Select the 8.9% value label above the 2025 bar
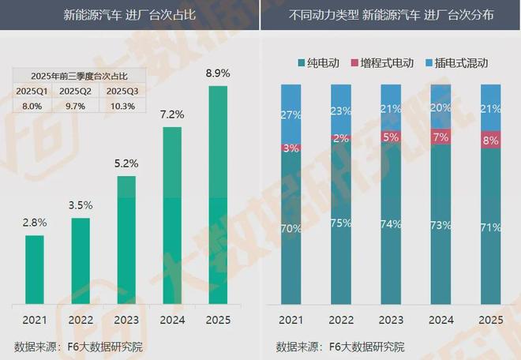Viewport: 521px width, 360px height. pyautogui.click(x=219, y=73)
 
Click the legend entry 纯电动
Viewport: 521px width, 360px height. pyautogui.click(x=320, y=62)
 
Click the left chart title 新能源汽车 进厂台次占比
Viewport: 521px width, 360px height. pyautogui.click(x=129, y=15)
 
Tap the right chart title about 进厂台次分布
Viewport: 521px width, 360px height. pyautogui.click(x=391, y=15)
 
